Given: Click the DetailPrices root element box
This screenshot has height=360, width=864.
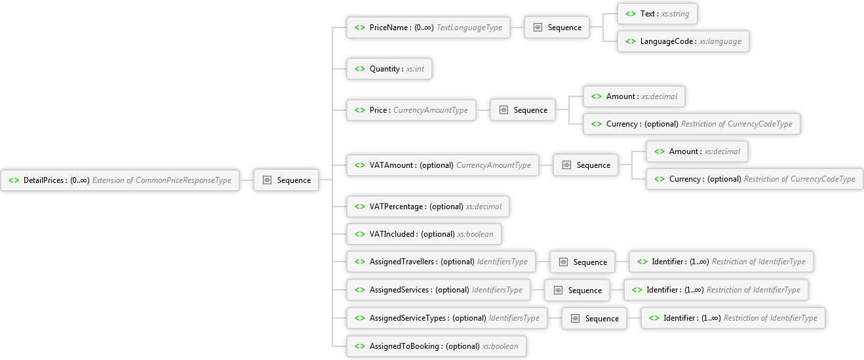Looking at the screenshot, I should point(120,180).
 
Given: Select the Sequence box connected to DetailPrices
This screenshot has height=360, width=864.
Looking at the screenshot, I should point(286,180).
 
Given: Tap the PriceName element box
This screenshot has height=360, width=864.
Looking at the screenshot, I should point(428,28).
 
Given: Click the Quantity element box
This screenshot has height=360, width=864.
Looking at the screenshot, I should point(389,69).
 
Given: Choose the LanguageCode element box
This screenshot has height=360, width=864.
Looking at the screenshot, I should point(682,41).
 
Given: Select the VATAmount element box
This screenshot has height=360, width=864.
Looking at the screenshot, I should point(442,165).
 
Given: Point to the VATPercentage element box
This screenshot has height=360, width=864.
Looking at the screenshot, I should point(428,207).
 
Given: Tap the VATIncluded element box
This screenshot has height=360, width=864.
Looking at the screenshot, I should point(423,234).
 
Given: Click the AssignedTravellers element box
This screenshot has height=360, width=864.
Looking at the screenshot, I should point(440,262).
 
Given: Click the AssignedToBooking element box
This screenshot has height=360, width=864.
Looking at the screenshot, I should point(436,346).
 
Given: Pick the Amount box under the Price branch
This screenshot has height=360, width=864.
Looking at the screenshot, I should point(633,96).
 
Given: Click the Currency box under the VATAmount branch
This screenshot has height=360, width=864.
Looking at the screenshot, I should point(754,179).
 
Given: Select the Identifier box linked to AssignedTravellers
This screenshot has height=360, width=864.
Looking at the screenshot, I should point(720,262).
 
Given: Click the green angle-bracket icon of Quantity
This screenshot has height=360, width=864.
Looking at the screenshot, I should point(360,69).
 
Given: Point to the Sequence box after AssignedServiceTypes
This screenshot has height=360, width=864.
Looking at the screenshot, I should point(595,318).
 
